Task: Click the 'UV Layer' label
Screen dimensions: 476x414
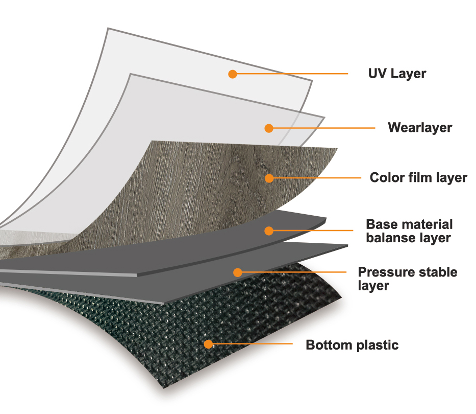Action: point(397,74)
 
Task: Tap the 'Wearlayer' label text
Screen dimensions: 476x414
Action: point(420,128)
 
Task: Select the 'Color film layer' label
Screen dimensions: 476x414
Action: point(418,178)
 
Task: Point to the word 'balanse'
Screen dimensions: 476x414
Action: point(386,238)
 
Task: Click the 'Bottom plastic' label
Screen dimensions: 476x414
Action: point(352,345)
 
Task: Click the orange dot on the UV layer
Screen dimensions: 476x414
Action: point(233,74)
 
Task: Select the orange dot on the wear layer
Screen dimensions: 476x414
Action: point(269,128)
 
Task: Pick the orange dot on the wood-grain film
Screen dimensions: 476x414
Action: point(269,178)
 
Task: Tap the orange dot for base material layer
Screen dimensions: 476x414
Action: point(269,231)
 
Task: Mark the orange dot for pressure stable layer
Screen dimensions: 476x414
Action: point(238,272)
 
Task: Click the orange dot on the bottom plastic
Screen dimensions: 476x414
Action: point(208,344)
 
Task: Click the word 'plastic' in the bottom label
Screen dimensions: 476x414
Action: point(378,345)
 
